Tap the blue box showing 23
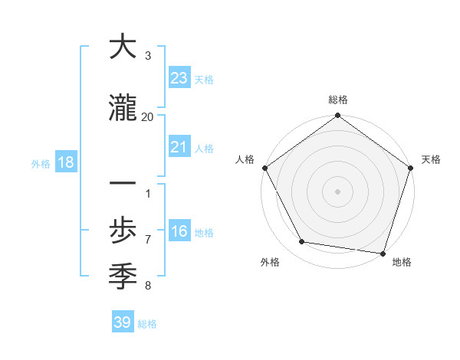[179, 78]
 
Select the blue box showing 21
[179, 148]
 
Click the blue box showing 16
[179, 232]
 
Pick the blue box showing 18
[65, 162]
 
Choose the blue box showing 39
[122, 322]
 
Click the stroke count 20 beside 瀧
[148, 116]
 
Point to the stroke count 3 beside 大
[148, 56]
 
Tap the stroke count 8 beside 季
[148, 286]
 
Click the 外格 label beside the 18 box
[41, 163]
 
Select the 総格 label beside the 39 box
[147, 324]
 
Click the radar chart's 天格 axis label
[432, 159]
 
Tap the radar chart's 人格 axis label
[245, 159]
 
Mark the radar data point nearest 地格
[383, 253]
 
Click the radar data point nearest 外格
[302, 242]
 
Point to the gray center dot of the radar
[337, 191]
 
